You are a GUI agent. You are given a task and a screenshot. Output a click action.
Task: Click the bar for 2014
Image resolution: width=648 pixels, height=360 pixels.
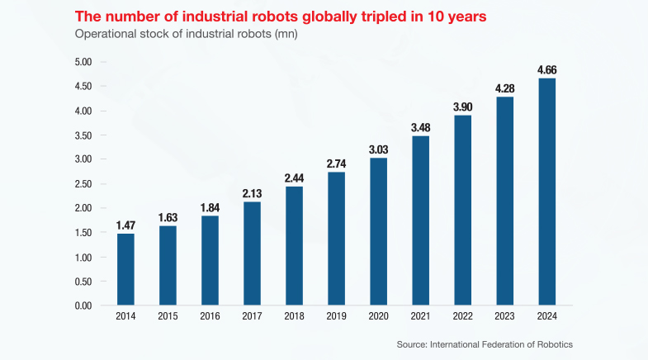125,269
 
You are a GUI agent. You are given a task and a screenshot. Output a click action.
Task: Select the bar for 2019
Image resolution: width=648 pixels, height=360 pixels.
336,239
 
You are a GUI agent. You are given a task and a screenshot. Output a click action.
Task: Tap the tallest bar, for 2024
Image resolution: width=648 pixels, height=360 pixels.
546,192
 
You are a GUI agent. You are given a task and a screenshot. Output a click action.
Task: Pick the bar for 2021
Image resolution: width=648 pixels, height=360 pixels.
420,220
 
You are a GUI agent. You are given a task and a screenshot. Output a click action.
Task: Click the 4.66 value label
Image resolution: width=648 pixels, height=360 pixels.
546,70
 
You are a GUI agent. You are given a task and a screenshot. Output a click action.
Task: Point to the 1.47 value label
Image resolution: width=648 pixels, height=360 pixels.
125,225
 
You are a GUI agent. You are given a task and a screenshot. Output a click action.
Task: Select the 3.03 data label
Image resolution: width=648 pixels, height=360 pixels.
378,149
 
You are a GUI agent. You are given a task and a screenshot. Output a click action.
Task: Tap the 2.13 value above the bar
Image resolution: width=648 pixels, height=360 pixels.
252,193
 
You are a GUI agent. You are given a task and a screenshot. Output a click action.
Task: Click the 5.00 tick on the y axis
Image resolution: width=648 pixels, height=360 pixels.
83,62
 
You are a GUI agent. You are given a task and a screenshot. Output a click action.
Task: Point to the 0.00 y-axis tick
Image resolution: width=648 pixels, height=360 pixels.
83,306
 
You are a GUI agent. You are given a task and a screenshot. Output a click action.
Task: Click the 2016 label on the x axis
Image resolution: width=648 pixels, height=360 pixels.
210,317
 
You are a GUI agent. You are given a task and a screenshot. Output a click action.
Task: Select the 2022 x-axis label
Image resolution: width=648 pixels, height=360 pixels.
462,317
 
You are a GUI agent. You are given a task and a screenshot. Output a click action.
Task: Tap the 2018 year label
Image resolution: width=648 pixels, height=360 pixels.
294,317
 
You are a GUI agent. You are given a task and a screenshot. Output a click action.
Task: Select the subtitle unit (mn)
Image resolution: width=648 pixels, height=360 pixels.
283,34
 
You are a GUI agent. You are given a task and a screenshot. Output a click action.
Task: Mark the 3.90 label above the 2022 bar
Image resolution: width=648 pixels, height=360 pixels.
462,107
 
